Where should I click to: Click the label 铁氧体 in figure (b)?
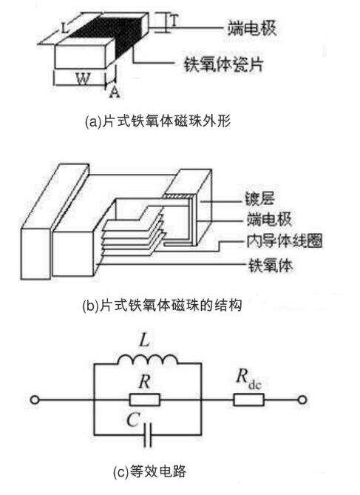271,263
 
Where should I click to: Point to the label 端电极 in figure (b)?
271,220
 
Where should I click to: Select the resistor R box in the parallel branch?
146,400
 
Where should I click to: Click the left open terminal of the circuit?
34,401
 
